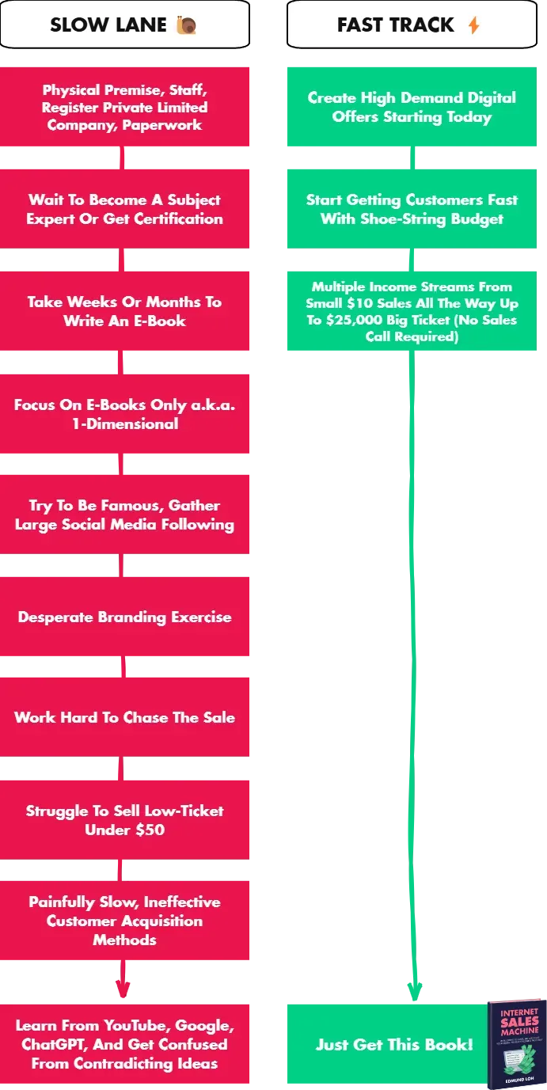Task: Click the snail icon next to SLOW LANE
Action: point(186,25)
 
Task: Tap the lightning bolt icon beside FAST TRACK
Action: point(473,25)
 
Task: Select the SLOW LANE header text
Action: point(108,25)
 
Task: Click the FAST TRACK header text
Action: point(396,25)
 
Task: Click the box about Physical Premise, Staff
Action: point(125,107)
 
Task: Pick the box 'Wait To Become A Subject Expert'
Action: point(125,209)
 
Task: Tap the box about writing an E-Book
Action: point(125,311)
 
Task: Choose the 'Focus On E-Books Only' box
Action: point(125,413)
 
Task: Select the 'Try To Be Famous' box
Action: point(125,515)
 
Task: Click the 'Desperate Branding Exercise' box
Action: point(125,617)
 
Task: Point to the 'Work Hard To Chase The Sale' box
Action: point(125,717)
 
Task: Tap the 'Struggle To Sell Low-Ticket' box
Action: point(125,819)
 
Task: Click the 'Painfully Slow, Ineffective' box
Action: point(125,921)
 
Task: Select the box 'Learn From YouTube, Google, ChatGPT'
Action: point(125,1044)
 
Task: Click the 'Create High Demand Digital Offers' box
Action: point(411,107)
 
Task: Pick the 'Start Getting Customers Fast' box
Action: point(411,209)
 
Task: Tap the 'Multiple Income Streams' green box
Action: point(411,311)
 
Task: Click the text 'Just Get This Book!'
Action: point(394,1044)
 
